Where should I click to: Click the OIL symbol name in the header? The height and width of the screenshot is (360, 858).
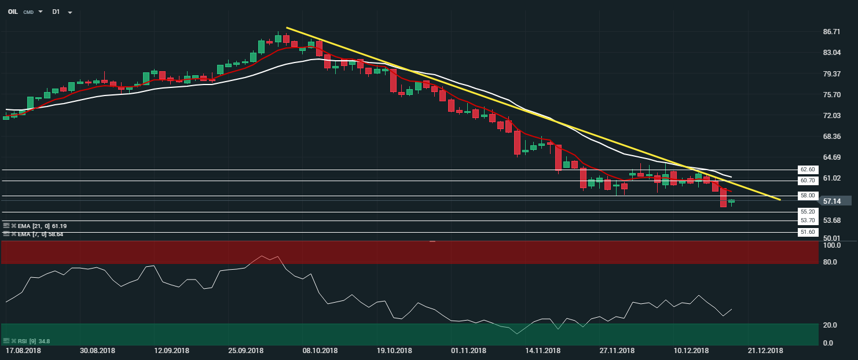point(13,12)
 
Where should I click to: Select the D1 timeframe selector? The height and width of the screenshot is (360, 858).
point(56,12)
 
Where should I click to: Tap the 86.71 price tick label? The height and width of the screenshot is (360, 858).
point(831,31)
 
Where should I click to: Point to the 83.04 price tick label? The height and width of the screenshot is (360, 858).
point(831,53)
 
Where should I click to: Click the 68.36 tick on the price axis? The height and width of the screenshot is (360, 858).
point(831,137)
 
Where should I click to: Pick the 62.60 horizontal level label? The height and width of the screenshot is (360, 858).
point(807,170)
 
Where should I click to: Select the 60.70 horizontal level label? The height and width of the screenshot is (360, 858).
point(807,181)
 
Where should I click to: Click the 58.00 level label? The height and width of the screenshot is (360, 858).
point(807,196)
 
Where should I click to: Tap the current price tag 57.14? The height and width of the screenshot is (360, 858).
point(832,201)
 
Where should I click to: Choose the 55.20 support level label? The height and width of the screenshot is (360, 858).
point(807,212)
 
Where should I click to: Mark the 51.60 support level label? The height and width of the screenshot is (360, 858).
point(807,232)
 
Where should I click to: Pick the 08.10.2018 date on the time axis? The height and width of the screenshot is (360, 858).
point(320,351)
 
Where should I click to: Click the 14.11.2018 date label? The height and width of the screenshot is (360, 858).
point(542,351)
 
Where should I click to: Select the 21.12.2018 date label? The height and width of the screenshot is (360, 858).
point(765,351)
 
